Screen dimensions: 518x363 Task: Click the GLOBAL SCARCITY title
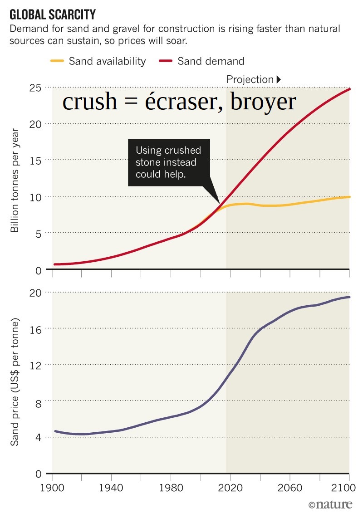click(53, 15)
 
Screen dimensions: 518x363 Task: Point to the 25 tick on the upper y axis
click(37, 87)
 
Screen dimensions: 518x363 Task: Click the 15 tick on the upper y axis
click(37, 160)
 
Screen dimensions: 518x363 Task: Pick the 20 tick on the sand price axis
click(36, 293)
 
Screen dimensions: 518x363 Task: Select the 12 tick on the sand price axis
click(36, 365)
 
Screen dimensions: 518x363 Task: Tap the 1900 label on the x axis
click(52, 489)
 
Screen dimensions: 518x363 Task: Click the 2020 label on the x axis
click(230, 489)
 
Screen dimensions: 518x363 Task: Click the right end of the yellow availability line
click(349, 197)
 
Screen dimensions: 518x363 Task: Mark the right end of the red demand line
click(349, 89)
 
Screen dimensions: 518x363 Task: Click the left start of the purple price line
click(55, 431)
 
